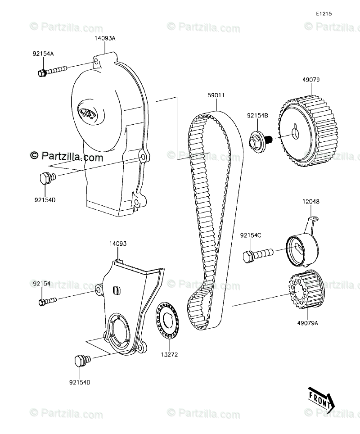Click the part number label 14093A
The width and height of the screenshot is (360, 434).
[104, 38]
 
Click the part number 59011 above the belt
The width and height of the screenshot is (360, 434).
[216, 95]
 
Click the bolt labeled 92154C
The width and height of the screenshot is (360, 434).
[257, 255]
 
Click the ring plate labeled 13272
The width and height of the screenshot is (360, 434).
[168, 321]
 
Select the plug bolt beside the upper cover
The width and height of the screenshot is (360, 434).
[47, 178]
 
